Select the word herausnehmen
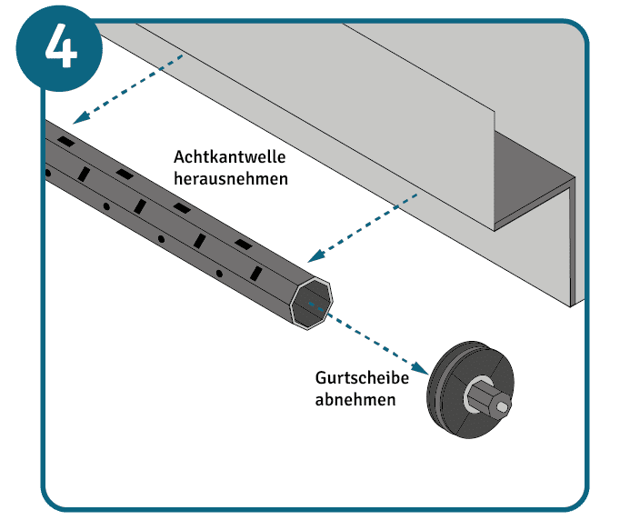click(x=231, y=178)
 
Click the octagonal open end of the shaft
click(x=312, y=302)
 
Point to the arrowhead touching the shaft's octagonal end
click(x=315, y=257)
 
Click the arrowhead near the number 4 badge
click(x=80, y=118)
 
